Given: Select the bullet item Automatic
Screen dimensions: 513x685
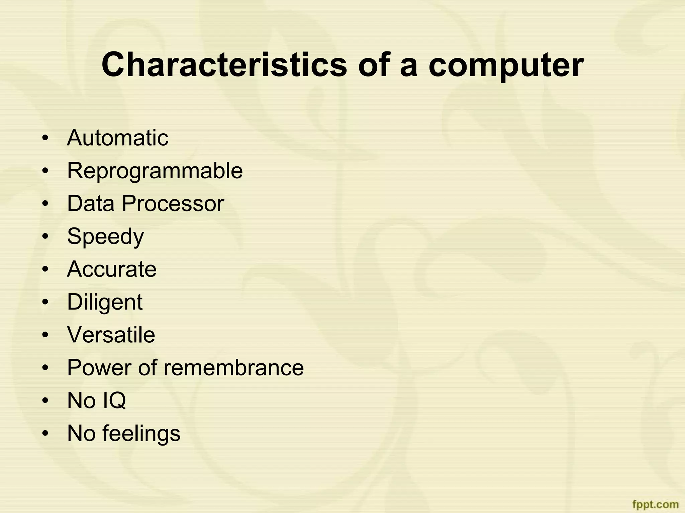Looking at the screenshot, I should (117, 138).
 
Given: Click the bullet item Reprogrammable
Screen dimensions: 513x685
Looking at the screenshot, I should (155, 171).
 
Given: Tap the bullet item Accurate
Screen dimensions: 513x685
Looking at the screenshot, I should (112, 269).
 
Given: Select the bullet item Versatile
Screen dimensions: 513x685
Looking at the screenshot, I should (111, 335).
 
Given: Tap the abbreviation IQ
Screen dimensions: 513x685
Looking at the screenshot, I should (114, 400).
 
